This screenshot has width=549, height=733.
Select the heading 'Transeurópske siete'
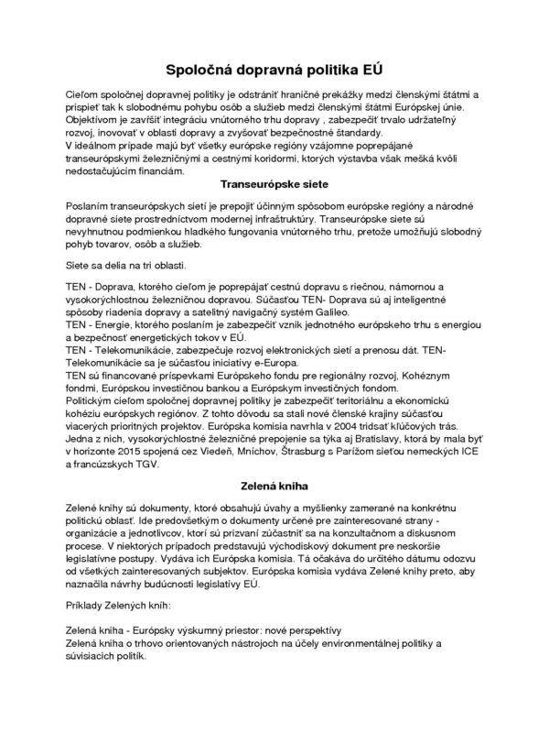click(274, 183)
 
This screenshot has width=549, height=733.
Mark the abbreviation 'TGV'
click(145, 465)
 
